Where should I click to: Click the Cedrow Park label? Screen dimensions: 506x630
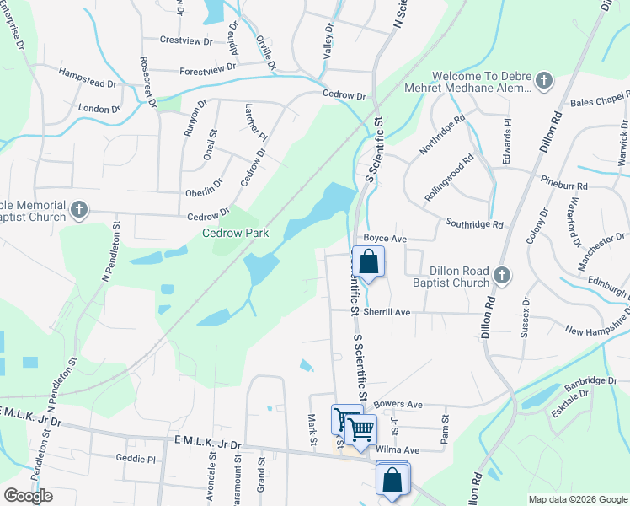(x=235, y=233)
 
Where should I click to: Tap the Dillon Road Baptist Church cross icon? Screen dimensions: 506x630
(x=502, y=276)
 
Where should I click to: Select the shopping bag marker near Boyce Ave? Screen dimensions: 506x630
(x=369, y=261)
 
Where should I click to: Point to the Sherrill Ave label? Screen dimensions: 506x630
(x=386, y=312)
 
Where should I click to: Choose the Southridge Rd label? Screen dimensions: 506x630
(x=475, y=225)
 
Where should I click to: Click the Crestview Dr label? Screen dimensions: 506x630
(x=183, y=40)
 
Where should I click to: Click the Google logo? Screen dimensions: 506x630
(x=28, y=496)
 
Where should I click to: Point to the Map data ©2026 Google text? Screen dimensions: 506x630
(x=578, y=499)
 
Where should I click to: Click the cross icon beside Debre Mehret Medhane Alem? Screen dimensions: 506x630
(x=544, y=82)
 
